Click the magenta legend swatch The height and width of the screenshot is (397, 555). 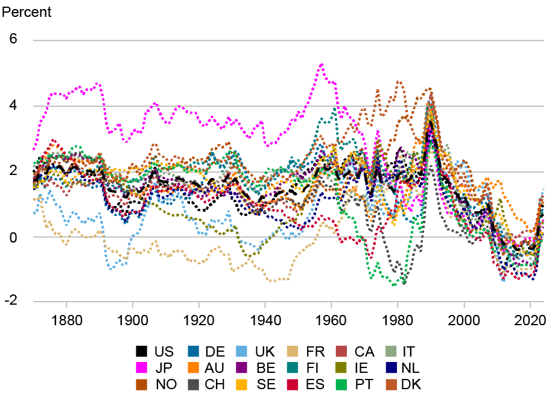(x=141, y=368)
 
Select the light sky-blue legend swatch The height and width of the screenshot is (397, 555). (x=242, y=351)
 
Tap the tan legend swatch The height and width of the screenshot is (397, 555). (x=293, y=351)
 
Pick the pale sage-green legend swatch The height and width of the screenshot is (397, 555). (x=391, y=351)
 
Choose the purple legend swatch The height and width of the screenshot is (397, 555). (x=242, y=368)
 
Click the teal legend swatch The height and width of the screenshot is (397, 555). (x=293, y=368)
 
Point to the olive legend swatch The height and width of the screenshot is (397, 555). (x=341, y=368)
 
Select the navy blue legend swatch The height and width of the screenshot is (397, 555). (x=391, y=368)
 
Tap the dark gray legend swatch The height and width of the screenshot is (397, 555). (x=193, y=384)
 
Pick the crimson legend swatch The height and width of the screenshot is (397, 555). (x=293, y=384)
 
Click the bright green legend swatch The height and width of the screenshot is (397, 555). (x=341, y=384)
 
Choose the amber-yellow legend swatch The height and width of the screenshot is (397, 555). (x=242, y=384)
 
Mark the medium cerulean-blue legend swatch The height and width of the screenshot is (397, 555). (x=193, y=351)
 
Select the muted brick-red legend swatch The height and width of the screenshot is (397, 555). (x=341, y=351)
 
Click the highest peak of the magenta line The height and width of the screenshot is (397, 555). (x=322, y=64)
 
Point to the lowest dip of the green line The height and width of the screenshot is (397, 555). (x=395, y=284)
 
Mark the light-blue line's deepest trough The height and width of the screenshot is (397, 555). (x=110, y=269)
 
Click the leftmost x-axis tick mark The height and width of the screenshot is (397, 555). (x=66, y=305)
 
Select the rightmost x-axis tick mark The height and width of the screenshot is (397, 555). (x=530, y=305)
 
